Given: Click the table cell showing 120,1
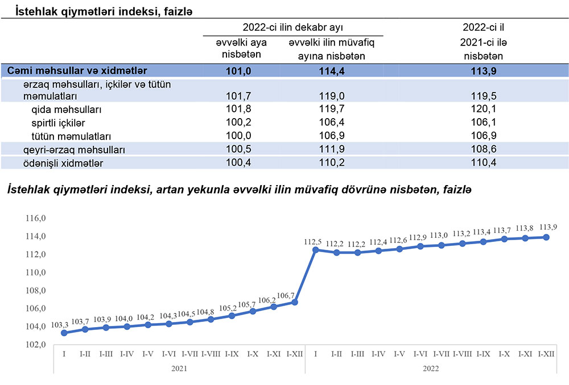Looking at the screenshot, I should pyautogui.click(x=483, y=109).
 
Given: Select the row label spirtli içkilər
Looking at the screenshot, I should pyautogui.click(x=59, y=123).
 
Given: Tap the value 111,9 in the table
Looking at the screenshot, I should pyautogui.click(x=333, y=150).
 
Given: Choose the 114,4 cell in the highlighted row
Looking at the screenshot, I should pyautogui.click(x=333, y=71).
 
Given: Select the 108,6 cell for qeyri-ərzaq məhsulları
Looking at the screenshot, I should pyautogui.click(x=483, y=150).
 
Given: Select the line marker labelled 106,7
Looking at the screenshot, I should pyautogui.click(x=295, y=302).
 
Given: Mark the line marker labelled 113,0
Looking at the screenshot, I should pyautogui.click(x=442, y=245).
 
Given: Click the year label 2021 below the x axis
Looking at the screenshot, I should pyautogui.click(x=179, y=369).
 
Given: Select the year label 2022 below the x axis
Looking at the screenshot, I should pyautogui.click(x=431, y=369).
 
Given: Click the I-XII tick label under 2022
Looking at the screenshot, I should pyautogui.click(x=546, y=354).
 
